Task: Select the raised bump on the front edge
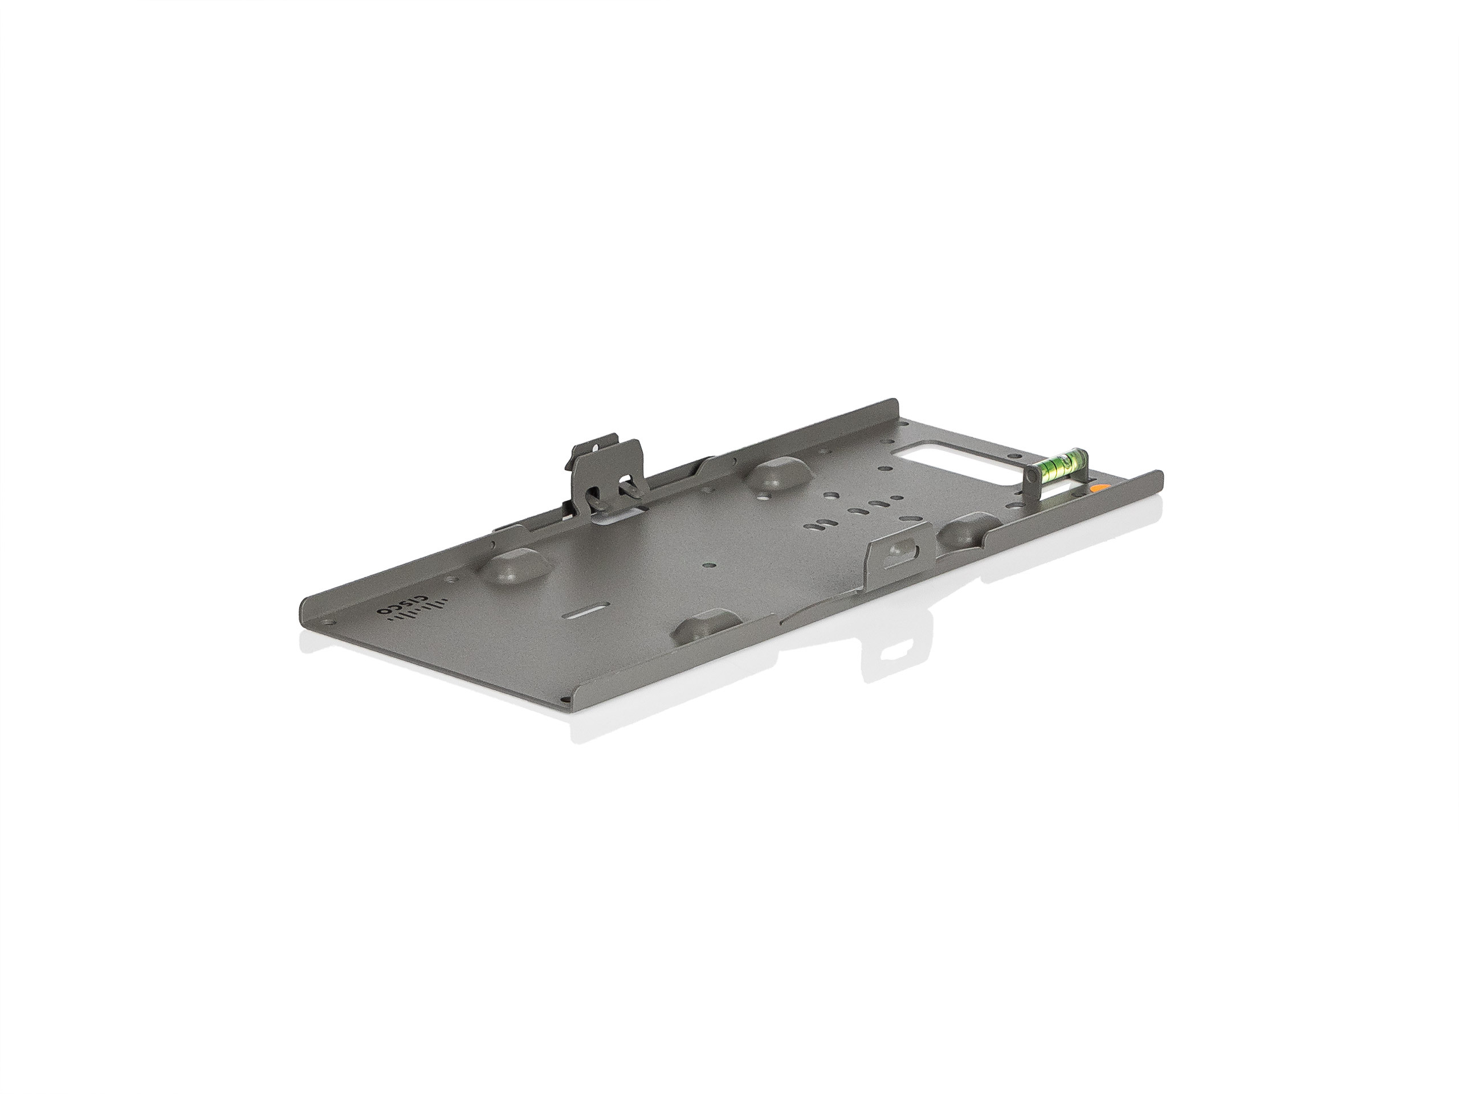coord(703,632)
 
